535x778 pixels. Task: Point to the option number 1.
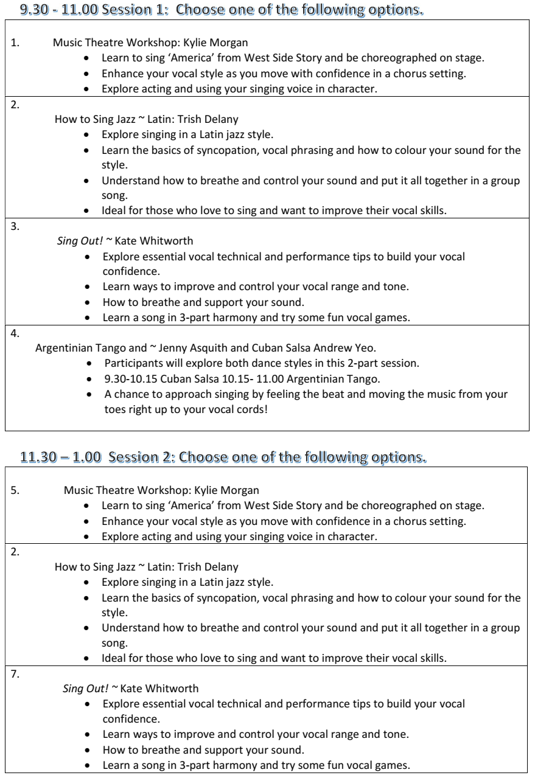(x=15, y=43)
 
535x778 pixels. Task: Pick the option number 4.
(x=15, y=332)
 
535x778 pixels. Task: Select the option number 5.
(x=15, y=490)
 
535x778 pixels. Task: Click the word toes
(x=116, y=409)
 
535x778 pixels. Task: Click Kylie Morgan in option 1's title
(x=220, y=43)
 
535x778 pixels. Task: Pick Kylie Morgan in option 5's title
(x=231, y=490)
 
